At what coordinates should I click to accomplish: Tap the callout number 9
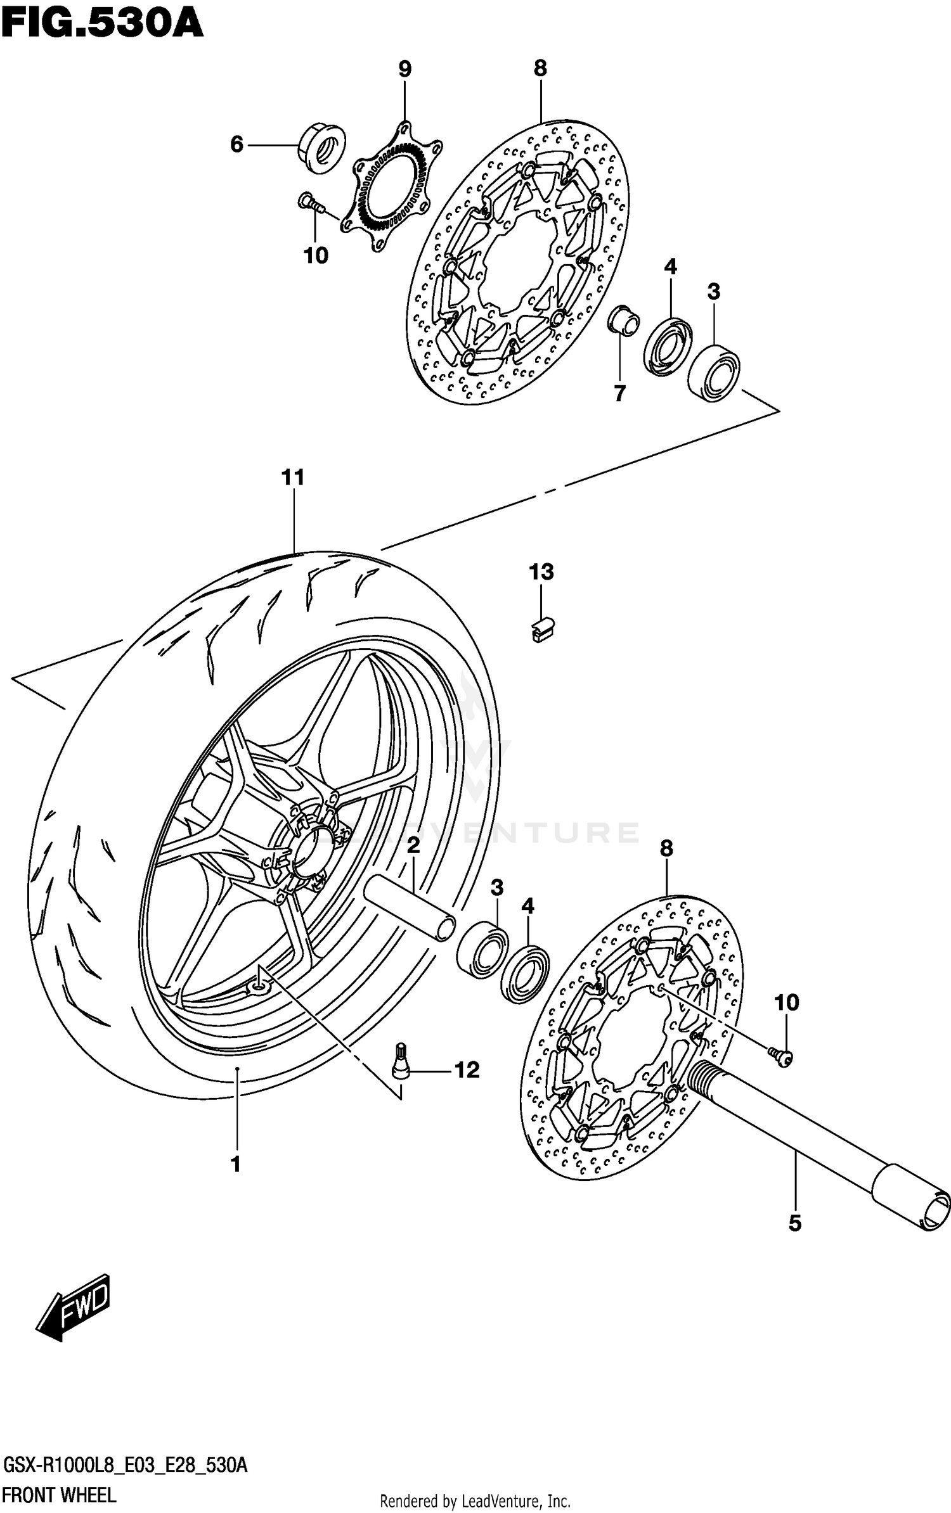[404, 69]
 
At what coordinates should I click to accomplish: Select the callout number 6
[236, 145]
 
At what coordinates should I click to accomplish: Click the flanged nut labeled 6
[322, 148]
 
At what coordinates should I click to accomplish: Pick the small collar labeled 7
[623, 321]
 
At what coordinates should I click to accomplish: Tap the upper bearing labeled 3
[715, 372]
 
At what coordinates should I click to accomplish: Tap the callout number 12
[467, 1070]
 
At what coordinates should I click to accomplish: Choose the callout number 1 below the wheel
[236, 1164]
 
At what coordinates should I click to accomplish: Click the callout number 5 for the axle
[795, 1223]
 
